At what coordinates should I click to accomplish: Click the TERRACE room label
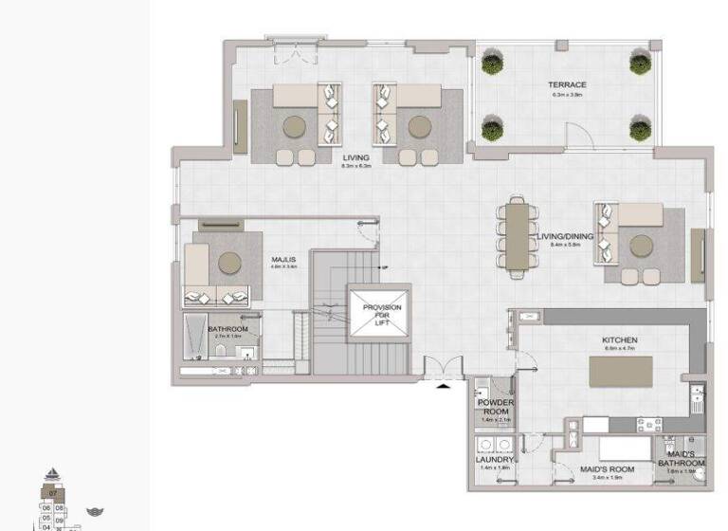[x=567, y=85]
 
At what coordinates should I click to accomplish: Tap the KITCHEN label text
[x=619, y=340]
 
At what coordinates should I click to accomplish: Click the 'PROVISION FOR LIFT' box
[x=381, y=314]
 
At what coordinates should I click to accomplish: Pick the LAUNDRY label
[x=494, y=460]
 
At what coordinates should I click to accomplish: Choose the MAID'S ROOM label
[x=606, y=467]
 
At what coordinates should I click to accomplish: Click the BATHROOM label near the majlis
[x=227, y=329]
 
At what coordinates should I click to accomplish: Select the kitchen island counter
[x=621, y=371]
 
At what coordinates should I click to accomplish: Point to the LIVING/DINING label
[x=565, y=237]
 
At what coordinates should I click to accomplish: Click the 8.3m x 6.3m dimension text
[x=356, y=167]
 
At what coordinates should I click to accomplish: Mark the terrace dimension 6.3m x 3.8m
[x=567, y=95]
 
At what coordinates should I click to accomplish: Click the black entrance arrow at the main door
[x=444, y=386]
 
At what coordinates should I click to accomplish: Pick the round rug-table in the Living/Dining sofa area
[x=642, y=247]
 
